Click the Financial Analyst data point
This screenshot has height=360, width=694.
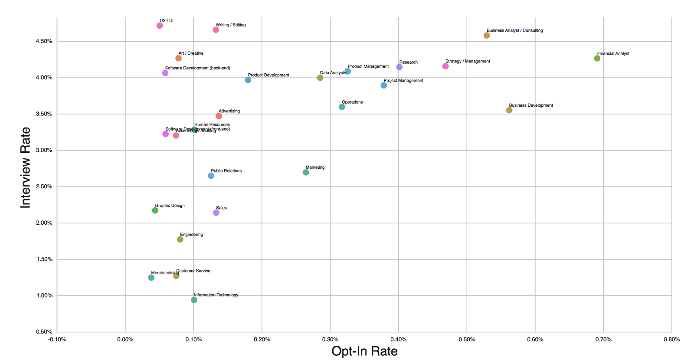tap(597, 59)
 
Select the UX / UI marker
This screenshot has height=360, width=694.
tap(160, 26)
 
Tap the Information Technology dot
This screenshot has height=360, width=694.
tap(194, 300)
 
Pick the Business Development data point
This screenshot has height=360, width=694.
tap(509, 110)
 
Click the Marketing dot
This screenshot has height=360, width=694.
tap(306, 173)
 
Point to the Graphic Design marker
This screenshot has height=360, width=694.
tap(155, 210)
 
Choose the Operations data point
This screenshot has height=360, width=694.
tap(342, 107)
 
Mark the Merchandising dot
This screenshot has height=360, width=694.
tap(151, 278)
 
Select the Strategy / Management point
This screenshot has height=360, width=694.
tap(445, 66)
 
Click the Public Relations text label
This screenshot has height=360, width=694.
tap(226, 171)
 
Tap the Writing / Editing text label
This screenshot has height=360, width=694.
tap(230, 25)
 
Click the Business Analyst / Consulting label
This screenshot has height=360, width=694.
tap(514, 30)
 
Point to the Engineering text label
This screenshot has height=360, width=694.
tap(191, 235)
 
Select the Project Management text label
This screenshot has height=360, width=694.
tap(403, 81)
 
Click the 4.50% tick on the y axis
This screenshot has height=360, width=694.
tap(44, 41)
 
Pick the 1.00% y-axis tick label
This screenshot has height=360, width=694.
tap(44, 295)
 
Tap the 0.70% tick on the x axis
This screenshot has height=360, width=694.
tap(603, 340)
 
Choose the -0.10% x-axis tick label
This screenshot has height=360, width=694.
tap(57, 340)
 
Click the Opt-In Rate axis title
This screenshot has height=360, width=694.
tap(364, 351)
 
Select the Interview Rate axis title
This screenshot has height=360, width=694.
tap(26, 167)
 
